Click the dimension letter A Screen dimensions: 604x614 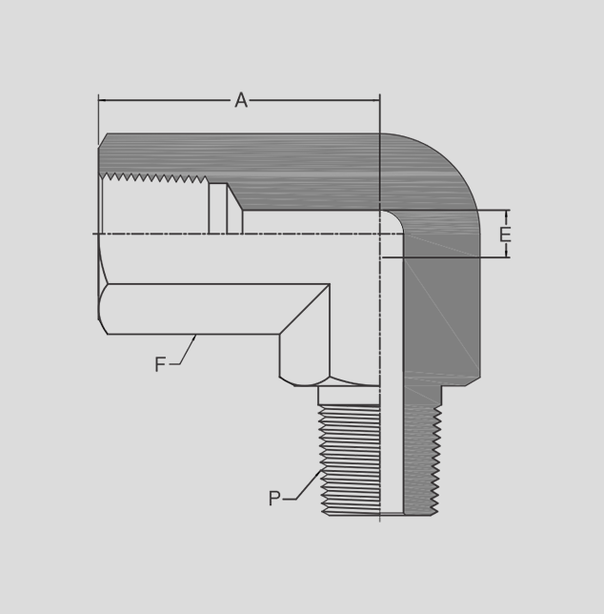click(x=241, y=100)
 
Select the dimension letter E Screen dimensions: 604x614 click(x=505, y=235)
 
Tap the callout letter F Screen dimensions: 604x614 click(x=160, y=364)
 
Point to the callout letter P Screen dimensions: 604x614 click(x=274, y=499)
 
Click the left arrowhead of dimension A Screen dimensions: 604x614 click(x=102, y=100)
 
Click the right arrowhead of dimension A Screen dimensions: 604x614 click(x=376, y=100)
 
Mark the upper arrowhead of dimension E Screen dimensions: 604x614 click(x=507, y=215)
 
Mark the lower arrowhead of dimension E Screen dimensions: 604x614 click(x=507, y=254)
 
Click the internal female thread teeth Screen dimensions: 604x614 click(x=153, y=177)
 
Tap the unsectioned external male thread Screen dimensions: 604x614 click(x=351, y=460)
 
